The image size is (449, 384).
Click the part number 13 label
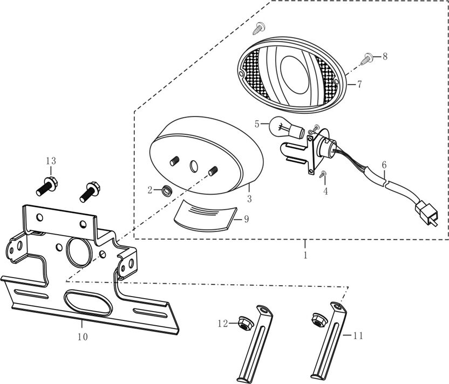click(51, 161)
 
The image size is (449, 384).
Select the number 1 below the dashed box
click(305, 255)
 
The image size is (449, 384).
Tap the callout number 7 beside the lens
click(359, 84)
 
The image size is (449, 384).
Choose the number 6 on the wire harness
click(384, 163)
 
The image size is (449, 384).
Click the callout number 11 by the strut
click(358, 335)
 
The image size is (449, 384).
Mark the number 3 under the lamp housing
click(249, 199)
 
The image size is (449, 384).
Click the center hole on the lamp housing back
click(193, 166)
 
